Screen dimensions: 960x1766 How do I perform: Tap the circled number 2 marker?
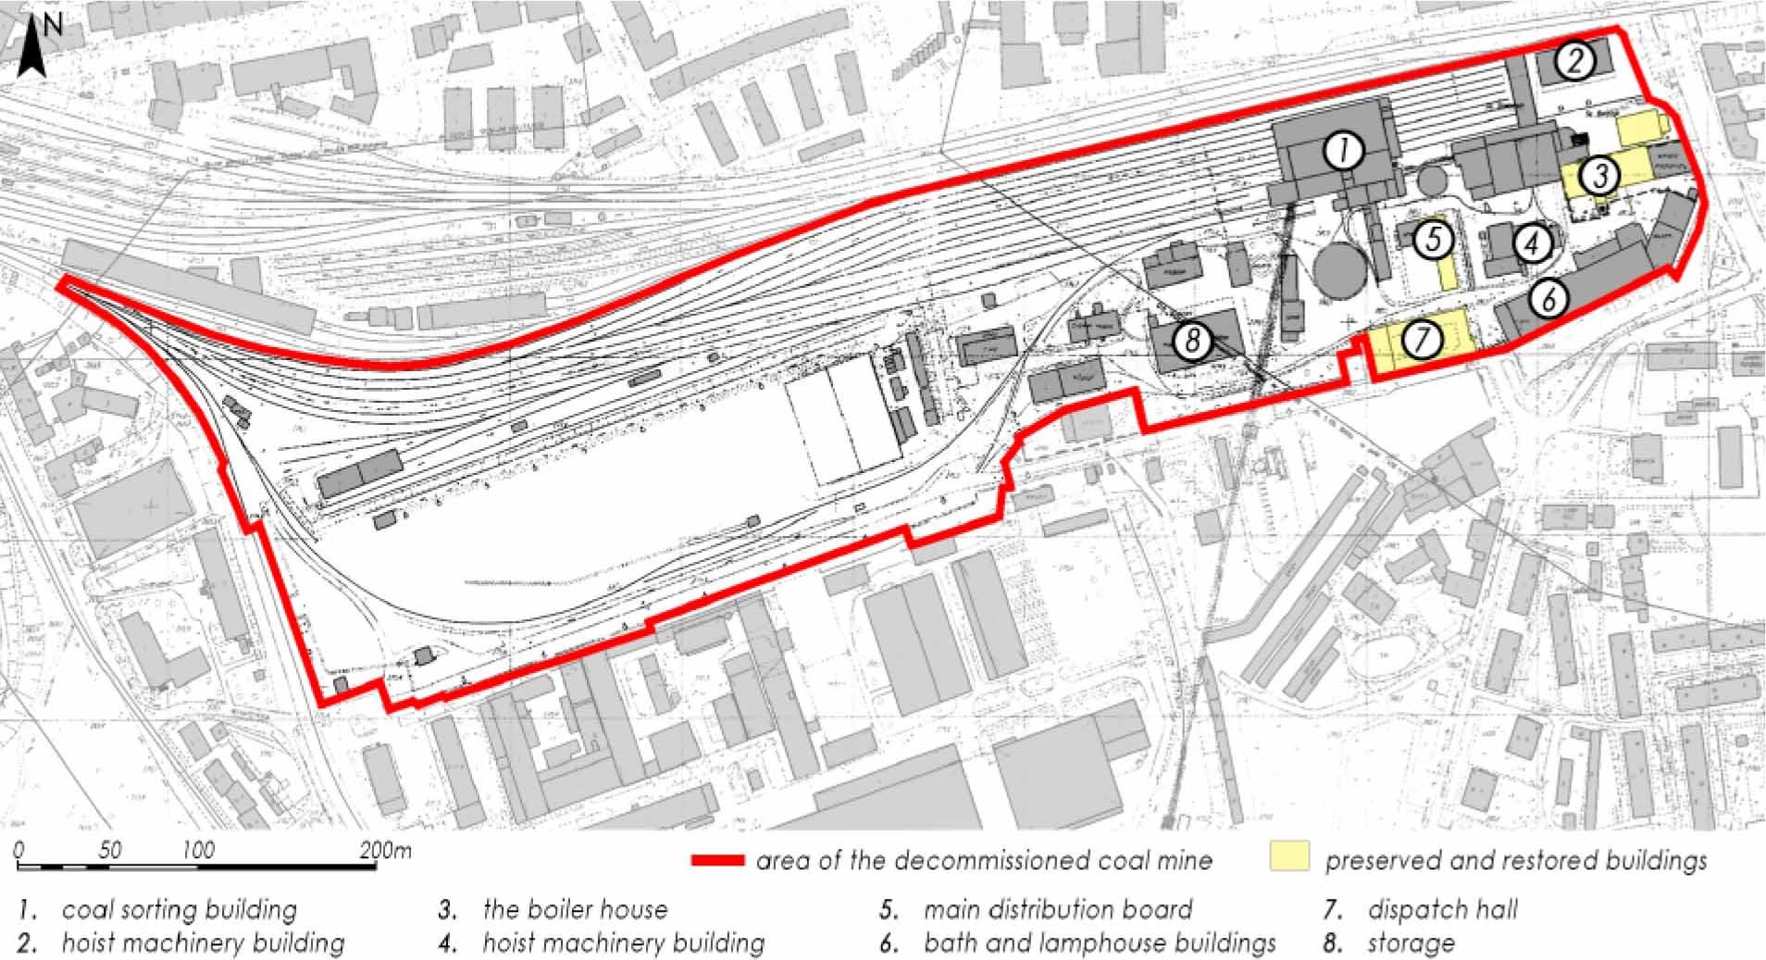[1574, 61]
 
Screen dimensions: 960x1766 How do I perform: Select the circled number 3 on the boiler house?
[1600, 175]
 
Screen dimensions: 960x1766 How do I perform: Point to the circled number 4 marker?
[1532, 243]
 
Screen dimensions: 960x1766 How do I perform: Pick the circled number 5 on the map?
[1434, 240]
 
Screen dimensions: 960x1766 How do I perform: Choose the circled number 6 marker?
[1548, 298]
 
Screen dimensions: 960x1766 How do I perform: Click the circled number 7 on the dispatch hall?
[1423, 340]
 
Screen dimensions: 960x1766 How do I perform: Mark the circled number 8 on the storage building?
[1192, 341]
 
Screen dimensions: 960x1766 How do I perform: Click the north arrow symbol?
[34, 48]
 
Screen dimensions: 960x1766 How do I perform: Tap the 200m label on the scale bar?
[386, 850]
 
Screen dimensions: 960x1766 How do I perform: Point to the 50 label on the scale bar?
[109, 850]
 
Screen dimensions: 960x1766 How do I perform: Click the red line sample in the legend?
[717, 861]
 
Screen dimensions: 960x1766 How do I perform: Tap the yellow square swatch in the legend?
[1290, 856]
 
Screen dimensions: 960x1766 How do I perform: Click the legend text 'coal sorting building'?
[180, 910]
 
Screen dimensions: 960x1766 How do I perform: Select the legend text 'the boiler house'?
[575, 910]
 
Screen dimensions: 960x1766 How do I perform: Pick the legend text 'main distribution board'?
[1057, 910]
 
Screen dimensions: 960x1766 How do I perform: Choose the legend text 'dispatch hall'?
[1442, 910]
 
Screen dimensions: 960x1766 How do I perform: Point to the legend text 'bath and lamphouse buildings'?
[1100, 943]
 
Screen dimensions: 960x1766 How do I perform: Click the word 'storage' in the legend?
[1411, 944]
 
